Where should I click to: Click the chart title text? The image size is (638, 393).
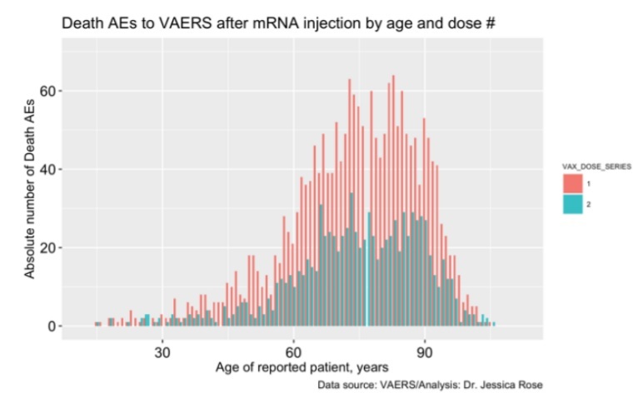point(278,24)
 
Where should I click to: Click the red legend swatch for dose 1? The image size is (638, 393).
point(573,183)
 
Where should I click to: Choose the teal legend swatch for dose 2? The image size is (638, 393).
point(573,204)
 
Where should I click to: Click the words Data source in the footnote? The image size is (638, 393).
point(345,385)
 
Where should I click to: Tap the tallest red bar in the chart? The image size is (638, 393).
point(391,200)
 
